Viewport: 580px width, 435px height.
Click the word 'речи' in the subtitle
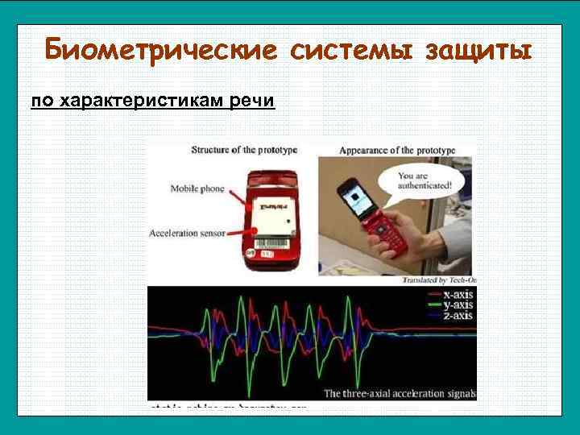251,101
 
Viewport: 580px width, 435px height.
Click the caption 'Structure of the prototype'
244,150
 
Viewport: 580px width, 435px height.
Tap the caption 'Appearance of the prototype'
397,150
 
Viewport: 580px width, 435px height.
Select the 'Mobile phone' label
198,189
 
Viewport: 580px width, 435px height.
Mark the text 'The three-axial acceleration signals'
400,393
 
